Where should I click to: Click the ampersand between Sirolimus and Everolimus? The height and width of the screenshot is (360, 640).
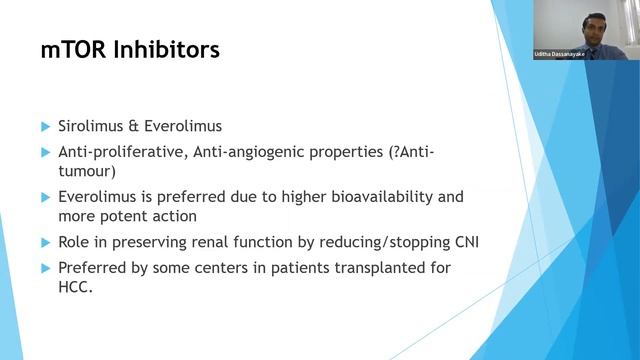point(141,127)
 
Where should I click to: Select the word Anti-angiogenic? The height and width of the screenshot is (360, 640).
point(251,151)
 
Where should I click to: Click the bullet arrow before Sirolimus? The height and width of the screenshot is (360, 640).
point(46,127)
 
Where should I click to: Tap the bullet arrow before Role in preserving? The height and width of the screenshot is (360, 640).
point(46,241)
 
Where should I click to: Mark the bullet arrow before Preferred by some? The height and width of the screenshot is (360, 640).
point(46,266)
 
